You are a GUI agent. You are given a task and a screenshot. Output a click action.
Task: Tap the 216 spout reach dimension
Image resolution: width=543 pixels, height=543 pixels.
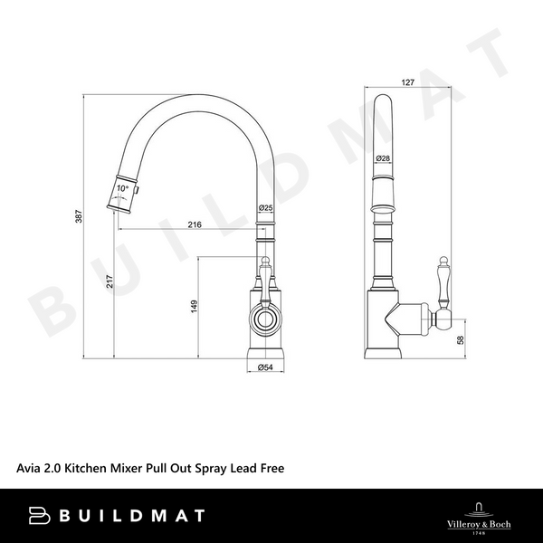tap(194, 224)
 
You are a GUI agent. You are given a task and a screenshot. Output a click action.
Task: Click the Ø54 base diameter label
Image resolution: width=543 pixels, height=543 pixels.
tap(266, 367)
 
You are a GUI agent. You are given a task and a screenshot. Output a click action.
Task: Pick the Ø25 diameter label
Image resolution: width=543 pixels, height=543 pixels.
tap(266, 209)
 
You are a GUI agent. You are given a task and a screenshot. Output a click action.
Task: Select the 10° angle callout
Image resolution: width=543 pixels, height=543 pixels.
tap(123, 190)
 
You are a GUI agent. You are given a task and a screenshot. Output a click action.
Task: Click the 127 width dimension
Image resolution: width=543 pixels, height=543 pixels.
tap(407, 82)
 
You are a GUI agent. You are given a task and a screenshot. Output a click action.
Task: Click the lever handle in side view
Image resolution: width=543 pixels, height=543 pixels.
tap(444, 281)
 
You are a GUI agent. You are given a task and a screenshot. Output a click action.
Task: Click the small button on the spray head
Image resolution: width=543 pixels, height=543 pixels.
tap(138, 191)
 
